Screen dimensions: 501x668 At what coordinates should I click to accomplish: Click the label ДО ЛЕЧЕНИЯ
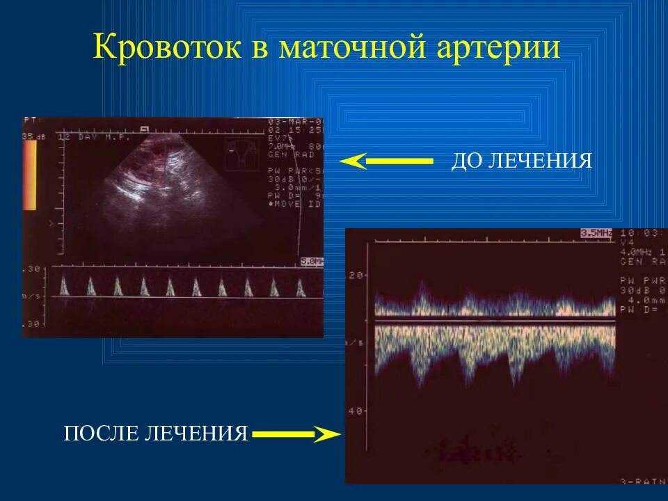coord(522,162)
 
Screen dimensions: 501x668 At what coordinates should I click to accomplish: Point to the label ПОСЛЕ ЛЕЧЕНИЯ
coord(156,434)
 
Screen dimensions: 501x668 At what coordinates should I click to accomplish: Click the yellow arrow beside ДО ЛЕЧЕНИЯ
coord(386,162)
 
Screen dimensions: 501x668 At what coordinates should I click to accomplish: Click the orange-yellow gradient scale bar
coord(29,175)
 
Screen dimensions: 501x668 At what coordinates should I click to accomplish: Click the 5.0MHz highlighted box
coord(312,262)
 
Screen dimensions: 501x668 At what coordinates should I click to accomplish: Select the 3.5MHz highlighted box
coord(596,234)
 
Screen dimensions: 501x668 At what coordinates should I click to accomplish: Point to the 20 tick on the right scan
coord(355,276)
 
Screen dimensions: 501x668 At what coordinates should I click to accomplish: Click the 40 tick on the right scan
coord(355,411)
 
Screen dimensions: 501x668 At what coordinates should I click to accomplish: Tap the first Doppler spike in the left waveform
coord(65,286)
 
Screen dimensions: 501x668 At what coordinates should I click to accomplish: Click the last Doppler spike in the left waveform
coord(301,286)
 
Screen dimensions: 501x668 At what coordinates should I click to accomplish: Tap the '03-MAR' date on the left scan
coord(293,122)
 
